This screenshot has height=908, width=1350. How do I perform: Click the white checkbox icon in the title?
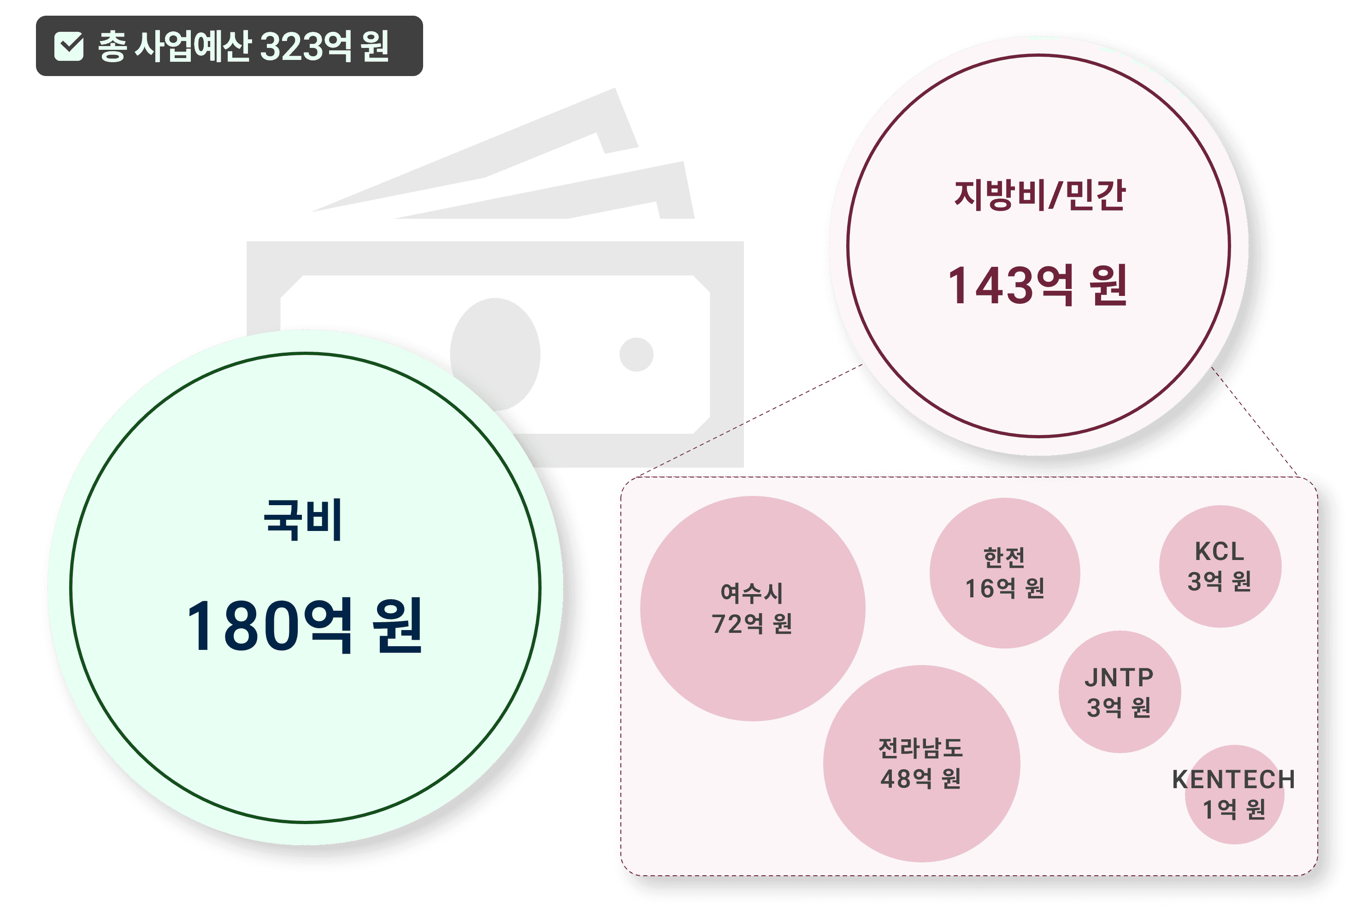(x=69, y=47)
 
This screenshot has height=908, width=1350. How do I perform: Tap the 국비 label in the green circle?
(x=303, y=519)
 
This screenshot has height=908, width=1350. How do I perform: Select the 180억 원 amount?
(x=305, y=625)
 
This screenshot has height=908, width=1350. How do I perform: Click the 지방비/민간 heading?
(x=1040, y=195)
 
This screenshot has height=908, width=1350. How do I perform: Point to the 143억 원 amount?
(x=1038, y=285)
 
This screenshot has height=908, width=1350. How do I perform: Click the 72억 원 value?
(x=751, y=624)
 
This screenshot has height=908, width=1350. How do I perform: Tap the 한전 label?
(x=1004, y=558)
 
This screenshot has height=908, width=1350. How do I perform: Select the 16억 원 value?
(x=1004, y=588)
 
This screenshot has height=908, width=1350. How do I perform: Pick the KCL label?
(x=1220, y=551)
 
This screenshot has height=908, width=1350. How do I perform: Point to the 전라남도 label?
(x=920, y=748)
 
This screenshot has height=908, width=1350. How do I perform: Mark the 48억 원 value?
(x=920, y=779)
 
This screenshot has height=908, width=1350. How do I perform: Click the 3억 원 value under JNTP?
(x=1119, y=708)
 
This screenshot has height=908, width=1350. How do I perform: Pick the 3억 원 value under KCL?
(x=1220, y=581)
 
